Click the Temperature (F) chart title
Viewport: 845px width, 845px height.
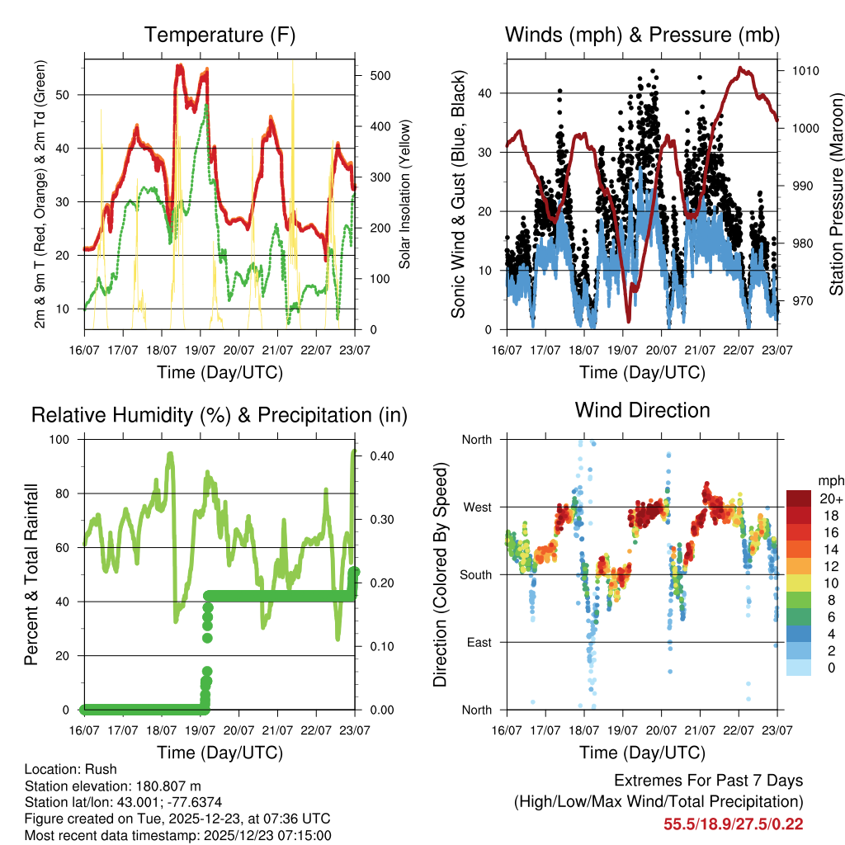click(x=220, y=35)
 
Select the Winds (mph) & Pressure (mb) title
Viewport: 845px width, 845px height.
click(x=642, y=35)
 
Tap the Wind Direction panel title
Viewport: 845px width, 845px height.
click(x=642, y=410)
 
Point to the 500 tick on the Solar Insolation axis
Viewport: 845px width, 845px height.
click(x=379, y=75)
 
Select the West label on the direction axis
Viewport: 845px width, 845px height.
click(x=477, y=507)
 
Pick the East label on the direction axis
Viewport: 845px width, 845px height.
click(x=478, y=642)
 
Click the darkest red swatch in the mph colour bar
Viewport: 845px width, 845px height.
click(x=798, y=498)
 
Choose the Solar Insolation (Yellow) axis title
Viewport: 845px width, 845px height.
click(x=405, y=195)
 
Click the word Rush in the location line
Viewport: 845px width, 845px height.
click(x=101, y=769)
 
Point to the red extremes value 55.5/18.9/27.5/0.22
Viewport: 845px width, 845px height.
click(x=733, y=824)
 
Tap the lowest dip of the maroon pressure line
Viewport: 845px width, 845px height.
click(x=628, y=321)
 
